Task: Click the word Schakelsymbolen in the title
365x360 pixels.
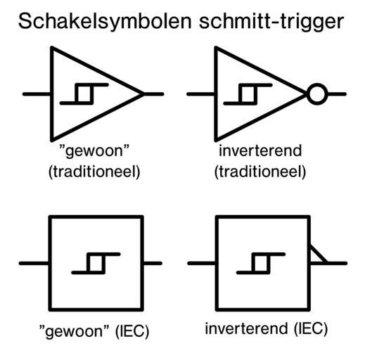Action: (x=105, y=22)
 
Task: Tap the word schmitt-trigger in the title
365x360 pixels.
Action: (x=271, y=22)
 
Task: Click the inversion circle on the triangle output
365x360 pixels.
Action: (x=317, y=94)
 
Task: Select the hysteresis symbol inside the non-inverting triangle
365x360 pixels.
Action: (x=84, y=94)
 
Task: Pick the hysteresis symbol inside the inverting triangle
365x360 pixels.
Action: (x=248, y=94)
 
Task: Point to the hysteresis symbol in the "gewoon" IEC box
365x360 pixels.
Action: (x=96, y=264)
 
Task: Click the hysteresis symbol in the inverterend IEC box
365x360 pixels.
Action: (x=261, y=264)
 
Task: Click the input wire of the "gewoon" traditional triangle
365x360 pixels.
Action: (x=37, y=94)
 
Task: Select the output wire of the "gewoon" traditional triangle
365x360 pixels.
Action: (x=153, y=94)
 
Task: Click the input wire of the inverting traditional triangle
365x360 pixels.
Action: (x=200, y=94)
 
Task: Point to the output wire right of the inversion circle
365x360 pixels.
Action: (x=337, y=94)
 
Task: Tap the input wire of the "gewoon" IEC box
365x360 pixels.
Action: (x=34, y=264)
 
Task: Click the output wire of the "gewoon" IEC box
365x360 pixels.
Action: (x=153, y=264)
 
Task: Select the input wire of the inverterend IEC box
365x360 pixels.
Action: (x=202, y=264)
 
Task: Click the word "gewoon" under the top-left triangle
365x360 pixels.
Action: (x=94, y=151)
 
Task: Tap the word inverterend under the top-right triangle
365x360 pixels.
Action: (x=260, y=150)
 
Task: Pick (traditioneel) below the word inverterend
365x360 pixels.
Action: (x=260, y=172)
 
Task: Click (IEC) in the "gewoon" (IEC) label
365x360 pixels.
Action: (x=132, y=331)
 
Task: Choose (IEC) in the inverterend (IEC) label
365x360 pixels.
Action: (x=311, y=328)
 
